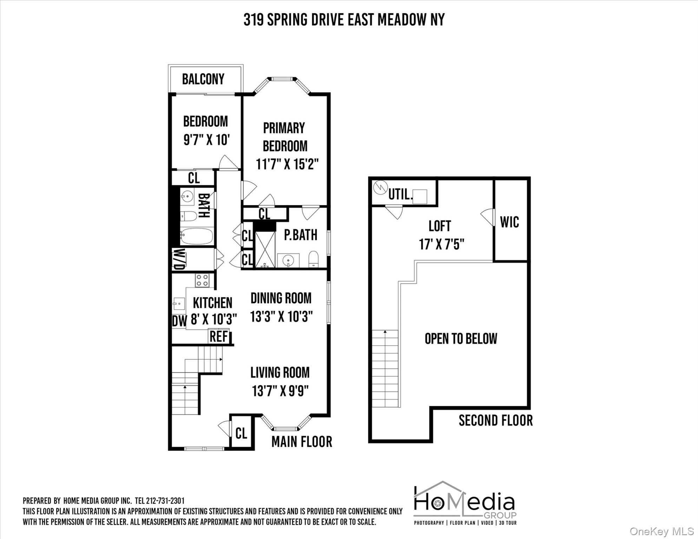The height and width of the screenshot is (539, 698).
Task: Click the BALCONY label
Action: pos(203,79)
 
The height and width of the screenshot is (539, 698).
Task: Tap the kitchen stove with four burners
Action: pos(202,280)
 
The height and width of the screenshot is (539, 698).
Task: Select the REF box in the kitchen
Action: pos(219,336)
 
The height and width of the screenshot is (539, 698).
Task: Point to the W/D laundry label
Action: pos(179,259)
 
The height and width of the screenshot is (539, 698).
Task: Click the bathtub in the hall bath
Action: pos(197,236)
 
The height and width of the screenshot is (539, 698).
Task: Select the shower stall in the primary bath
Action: pos(265,249)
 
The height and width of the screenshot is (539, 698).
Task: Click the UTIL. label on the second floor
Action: pos(400,194)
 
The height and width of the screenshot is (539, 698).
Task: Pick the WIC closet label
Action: pos(509,222)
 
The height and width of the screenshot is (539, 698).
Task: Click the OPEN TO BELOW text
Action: pos(461,339)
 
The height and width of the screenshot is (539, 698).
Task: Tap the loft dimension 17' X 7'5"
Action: pos(441,244)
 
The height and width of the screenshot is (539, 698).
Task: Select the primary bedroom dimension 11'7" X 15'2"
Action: pos(287,164)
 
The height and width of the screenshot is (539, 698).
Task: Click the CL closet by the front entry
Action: pos(241,433)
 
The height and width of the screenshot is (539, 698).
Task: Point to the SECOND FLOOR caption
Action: pos(495,420)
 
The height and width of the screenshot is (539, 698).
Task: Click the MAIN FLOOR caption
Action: pos(302,442)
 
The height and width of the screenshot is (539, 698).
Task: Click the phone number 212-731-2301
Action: pos(165,501)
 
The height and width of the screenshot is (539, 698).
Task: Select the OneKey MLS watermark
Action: pos(661,531)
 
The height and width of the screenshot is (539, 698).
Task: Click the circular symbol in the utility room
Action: pos(380,187)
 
